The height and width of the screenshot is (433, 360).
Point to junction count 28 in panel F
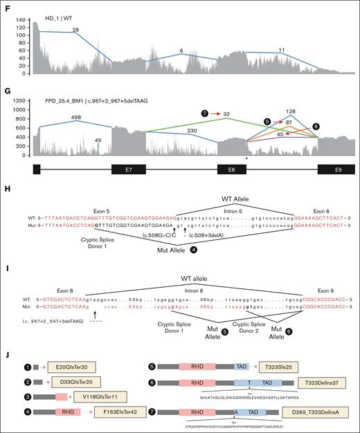(75, 28)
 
